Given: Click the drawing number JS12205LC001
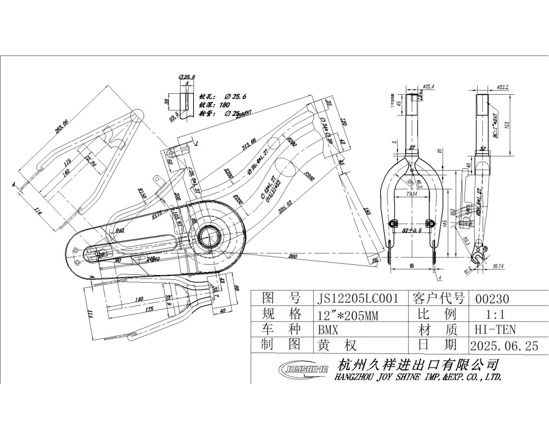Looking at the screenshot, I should click(358, 299).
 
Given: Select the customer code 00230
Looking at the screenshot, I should click(492, 299).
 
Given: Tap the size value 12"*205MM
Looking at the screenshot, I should click(348, 315).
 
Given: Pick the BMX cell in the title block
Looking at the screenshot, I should click(328, 329).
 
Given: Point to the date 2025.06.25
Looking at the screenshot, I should click(504, 346).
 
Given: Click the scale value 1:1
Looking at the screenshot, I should click(495, 315).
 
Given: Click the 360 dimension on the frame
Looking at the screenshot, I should click(292, 257).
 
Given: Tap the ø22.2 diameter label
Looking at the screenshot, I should click(503, 86).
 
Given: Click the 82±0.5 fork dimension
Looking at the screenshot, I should click(411, 231).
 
